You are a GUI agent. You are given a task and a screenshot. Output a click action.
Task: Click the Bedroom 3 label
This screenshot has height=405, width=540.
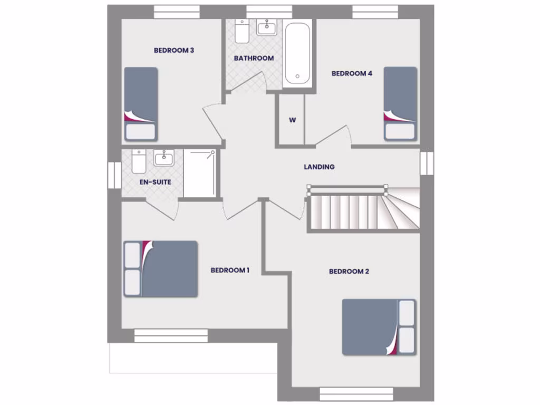174,51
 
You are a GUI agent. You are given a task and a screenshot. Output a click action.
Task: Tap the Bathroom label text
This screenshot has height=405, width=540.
254,58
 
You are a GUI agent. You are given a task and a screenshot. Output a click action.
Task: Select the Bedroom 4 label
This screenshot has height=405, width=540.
352,73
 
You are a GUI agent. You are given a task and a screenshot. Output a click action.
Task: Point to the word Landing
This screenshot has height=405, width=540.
319,167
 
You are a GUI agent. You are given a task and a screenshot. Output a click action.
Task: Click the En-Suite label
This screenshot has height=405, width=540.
155,182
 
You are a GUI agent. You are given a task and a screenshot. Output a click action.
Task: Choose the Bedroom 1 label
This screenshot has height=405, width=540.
230,270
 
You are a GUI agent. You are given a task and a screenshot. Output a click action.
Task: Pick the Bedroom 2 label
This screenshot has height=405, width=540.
349,271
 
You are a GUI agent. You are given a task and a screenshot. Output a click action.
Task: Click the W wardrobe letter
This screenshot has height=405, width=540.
292,120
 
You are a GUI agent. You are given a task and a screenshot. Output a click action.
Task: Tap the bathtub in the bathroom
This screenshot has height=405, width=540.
297,54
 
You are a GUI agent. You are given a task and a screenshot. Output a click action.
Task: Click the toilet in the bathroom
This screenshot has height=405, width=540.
242,32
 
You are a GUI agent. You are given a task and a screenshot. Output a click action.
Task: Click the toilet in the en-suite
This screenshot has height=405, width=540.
139,161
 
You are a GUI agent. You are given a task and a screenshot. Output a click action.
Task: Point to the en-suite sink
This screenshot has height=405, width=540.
164,158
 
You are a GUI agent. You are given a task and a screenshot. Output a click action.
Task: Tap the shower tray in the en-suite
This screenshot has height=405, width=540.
199,173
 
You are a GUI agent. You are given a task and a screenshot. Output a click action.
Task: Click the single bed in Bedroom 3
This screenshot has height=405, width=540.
141,103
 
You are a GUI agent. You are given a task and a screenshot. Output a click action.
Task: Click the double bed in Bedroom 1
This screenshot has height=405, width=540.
161,269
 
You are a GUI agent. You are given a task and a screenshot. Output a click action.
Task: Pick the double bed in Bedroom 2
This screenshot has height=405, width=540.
379,327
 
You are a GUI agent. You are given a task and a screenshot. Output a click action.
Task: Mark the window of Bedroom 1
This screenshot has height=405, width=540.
171,335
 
